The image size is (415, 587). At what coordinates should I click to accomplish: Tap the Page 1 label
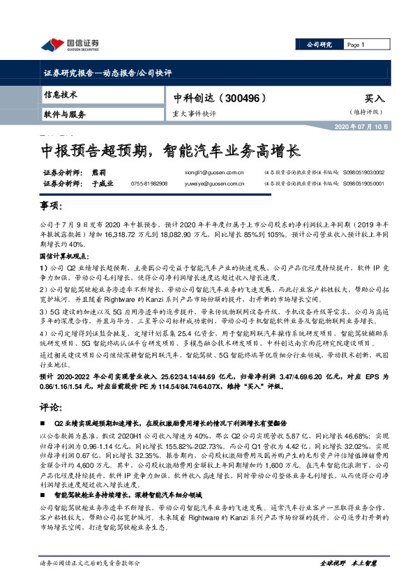pos(356,45)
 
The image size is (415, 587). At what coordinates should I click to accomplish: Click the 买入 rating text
pos(375,99)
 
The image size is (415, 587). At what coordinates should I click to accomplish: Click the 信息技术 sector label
pos(60,94)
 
